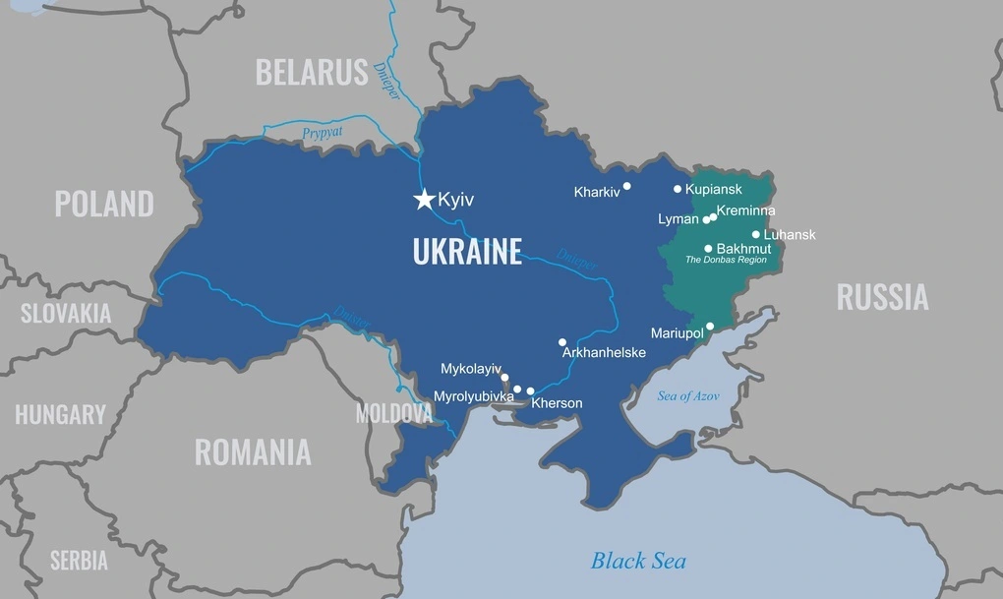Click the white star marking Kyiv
[424, 200]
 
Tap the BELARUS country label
[312, 72]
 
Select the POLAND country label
[104, 204]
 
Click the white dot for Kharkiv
[627, 185]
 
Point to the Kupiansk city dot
[678, 189]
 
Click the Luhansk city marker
[756, 234]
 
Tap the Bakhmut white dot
[708, 249]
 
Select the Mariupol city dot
[710, 327]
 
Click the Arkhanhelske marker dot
[562, 342]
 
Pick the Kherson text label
[557, 403]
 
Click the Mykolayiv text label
[471, 369]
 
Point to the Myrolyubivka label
[474, 396]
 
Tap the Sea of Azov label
[688, 395]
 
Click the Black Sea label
[638, 561]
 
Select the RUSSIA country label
[882, 297]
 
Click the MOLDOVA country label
[393, 413]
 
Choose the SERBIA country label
[79, 561]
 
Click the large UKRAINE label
[467, 252]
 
